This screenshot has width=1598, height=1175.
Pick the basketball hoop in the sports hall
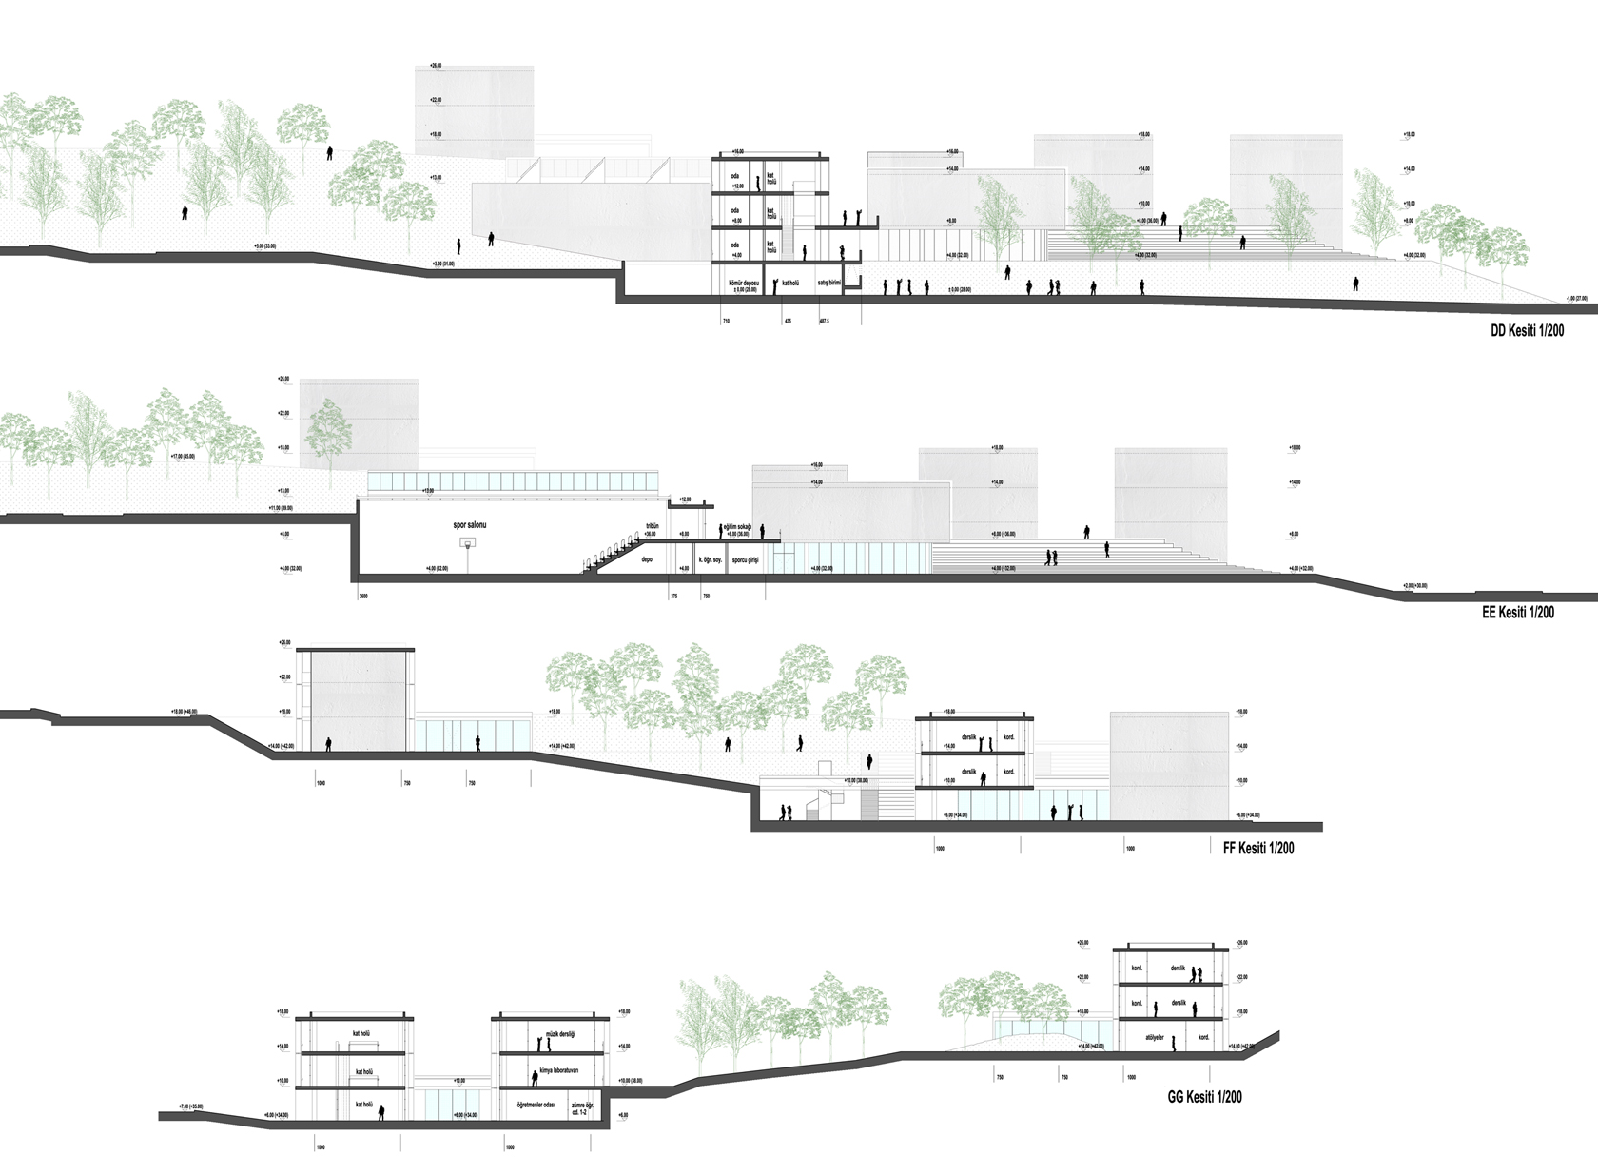(467, 543)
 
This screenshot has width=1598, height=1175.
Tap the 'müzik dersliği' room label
(558, 1034)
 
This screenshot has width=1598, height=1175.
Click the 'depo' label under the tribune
(647, 559)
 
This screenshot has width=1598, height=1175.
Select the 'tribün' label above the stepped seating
(652, 526)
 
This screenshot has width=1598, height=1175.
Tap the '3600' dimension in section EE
(361, 596)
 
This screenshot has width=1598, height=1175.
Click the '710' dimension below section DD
(726, 323)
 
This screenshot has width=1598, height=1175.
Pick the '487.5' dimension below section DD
(824, 323)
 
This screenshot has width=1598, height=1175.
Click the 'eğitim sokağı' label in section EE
(737, 527)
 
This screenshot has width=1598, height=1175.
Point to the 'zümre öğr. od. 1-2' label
(582, 1108)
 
